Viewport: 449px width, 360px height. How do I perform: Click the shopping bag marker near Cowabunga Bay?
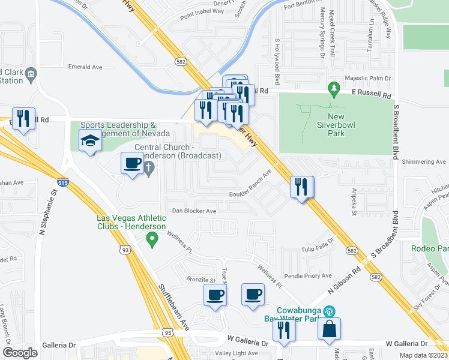(330, 329)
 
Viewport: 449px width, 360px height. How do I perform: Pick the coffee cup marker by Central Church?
(132, 163)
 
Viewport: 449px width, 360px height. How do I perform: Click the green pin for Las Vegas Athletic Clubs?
(152, 240)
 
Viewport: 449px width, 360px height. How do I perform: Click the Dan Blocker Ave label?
(194, 211)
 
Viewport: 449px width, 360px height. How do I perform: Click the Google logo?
(20, 352)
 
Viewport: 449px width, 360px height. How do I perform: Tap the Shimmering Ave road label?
(426, 162)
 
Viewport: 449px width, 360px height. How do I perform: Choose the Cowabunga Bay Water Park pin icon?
(328, 311)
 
